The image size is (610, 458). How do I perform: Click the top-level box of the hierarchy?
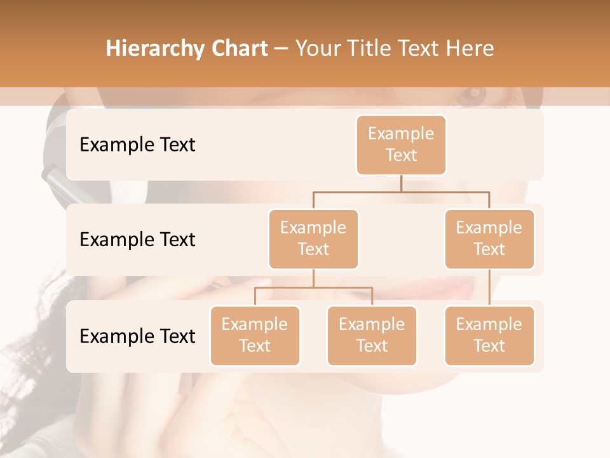(x=401, y=144)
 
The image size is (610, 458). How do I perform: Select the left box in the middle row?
(x=313, y=239)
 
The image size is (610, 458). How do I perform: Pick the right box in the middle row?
(x=489, y=239)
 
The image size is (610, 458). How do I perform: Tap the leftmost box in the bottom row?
(x=255, y=335)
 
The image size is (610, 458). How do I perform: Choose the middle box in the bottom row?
(x=372, y=335)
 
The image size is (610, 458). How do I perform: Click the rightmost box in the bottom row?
(x=489, y=335)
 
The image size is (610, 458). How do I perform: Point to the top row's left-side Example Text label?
(x=137, y=145)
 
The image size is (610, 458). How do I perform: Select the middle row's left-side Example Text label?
(x=137, y=240)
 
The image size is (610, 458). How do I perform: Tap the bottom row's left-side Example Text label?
(x=137, y=337)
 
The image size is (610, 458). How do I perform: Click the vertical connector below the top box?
(x=401, y=183)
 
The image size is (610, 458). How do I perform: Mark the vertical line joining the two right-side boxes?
(x=489, y=288)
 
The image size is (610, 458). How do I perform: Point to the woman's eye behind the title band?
(x=473, y=96)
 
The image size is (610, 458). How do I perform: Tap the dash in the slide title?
(x=281, y=49)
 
